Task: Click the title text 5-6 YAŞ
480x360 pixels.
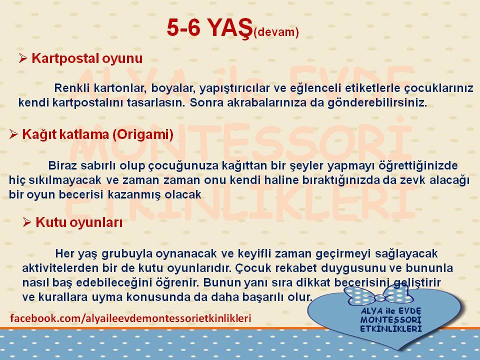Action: pos(209,28)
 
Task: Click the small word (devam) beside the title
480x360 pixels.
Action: pos(276,32)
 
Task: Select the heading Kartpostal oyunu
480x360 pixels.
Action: pos(87,58)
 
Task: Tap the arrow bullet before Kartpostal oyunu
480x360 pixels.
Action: pos(23,58)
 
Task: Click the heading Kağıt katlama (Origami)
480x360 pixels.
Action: pos(97,134)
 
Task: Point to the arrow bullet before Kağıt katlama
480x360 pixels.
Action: pos(13,134)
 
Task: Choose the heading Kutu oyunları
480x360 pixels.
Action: pos(79,222)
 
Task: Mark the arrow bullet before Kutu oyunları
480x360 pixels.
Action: pos(27,222)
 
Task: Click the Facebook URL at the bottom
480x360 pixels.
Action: pos(130,318)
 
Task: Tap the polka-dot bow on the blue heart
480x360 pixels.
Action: pos(378,294)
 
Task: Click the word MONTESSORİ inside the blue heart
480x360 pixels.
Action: pos(391,320)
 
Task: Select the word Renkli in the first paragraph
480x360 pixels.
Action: pos(72,88)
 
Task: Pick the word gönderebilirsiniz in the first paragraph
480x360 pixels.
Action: pos(377,103)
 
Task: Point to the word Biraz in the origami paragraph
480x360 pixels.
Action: pos(62,165)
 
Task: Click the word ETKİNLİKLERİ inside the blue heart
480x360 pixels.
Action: pos(391,329)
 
